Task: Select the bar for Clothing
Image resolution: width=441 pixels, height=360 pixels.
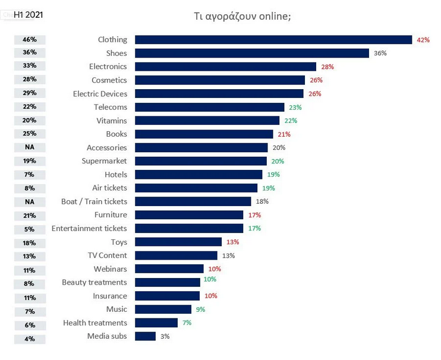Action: pyautogui.click(x=273, y=40)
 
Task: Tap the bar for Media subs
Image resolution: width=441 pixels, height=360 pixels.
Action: pyautogui.click(x=145, y=336)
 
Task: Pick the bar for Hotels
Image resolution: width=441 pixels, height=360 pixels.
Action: pyautogui.click(x=199, y=175)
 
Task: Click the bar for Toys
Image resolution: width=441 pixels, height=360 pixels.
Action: pyautogui.click(x=178, y=242)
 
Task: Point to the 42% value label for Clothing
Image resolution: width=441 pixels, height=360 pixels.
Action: pyautogui.click(x=423, y=40)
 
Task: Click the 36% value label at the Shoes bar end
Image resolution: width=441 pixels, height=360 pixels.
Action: pyautogui.click(x=380, y=53)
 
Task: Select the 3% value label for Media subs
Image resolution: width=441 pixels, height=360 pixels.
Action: pyautogui.click(x=165, y=336)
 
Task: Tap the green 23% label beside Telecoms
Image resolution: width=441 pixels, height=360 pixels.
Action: pyautogui.click(x=295, y=108)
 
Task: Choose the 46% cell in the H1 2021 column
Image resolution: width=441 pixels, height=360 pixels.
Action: pyautogui.click(x=30, y=40)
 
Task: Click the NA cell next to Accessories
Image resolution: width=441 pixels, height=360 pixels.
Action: pyautogui.click(x=30, y=147)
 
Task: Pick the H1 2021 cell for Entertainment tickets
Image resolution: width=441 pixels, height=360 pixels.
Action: pyautogui.click(x=30, y=229)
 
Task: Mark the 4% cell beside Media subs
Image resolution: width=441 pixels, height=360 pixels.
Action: pyautogui.click(x=30, y=339)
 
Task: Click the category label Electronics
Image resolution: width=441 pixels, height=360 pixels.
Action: pyautogui.click(x=108, y=67)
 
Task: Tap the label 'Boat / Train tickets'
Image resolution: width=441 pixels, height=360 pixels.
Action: pyautogui.click(x=94, y=201)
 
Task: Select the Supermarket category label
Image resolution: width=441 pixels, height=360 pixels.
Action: pyautogui.click(x=104, y=161)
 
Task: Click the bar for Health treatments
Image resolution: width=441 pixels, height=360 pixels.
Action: pyautogui.click(x=156, y=323)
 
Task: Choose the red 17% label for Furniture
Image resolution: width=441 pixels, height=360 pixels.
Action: pyautogui.click(x=254, y=215)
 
